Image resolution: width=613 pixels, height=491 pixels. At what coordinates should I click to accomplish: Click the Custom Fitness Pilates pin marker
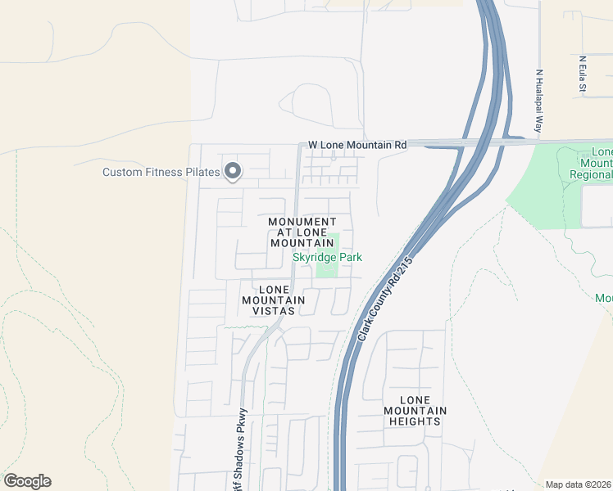click(233, 171)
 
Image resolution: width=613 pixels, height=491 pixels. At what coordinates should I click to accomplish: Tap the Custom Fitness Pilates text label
click(161, 172)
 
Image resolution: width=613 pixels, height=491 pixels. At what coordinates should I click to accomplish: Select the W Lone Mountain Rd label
click(357, 145)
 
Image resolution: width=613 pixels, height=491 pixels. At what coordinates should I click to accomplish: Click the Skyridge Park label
click(328, 258)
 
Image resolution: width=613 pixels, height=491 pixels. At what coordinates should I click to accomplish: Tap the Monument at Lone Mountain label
click(302, 232)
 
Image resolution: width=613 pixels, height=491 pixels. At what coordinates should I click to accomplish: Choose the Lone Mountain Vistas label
click(273, 300)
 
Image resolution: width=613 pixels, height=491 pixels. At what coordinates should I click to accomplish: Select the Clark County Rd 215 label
click(384, 300)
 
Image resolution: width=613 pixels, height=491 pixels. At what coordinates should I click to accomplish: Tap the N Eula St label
click(582, 74)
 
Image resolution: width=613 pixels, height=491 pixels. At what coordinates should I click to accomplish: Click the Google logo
click(27, 481)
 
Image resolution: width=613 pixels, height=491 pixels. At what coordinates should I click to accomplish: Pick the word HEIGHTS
click(415, 421)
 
